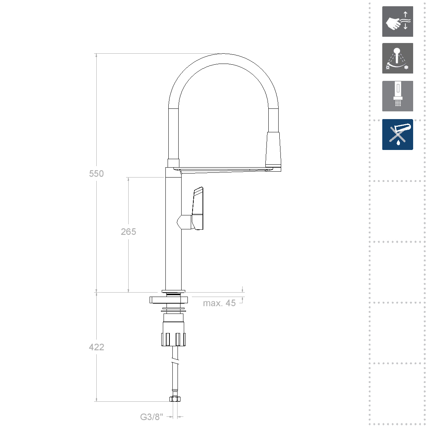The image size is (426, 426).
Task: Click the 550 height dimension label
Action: pos(96,173)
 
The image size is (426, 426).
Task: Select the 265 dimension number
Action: pos(128,232)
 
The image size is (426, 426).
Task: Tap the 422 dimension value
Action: pos(96,347)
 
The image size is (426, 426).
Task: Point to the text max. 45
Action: pos(219,303)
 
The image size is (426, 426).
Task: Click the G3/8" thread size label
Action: pos(151,416)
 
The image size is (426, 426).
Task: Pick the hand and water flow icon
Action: pos(397,21)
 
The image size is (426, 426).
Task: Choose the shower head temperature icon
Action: pos(397,58)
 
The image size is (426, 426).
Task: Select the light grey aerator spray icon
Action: pos(397,96)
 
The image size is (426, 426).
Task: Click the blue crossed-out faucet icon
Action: pos(397,135)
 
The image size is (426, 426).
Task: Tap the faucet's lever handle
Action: pos(198,208)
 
